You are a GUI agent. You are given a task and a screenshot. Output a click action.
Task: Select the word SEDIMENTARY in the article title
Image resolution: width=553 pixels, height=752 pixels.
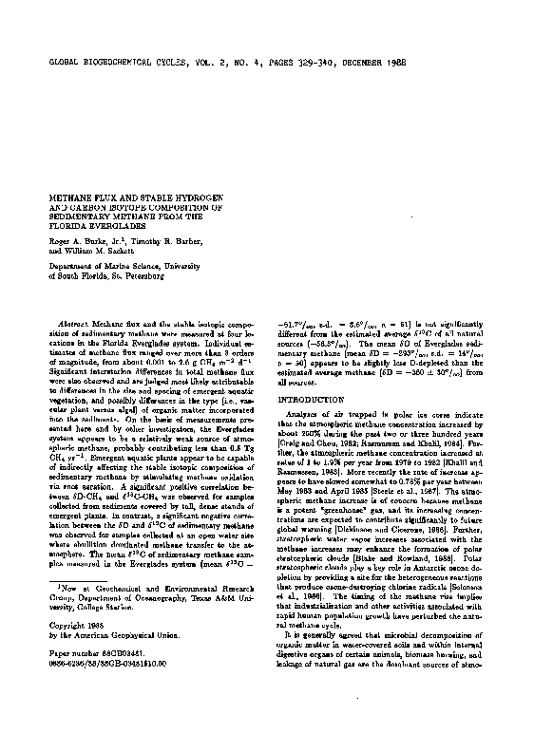[x=79, y=215]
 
